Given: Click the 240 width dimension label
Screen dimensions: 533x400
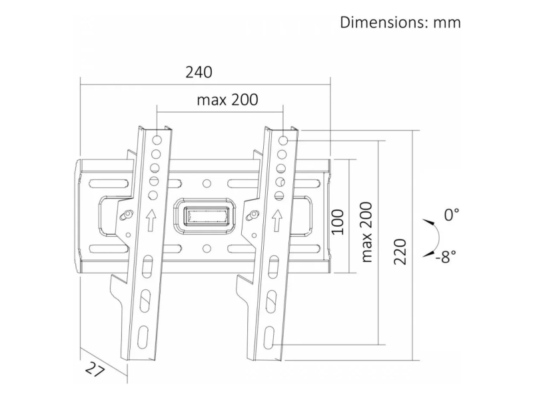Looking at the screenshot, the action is tap(199, 72).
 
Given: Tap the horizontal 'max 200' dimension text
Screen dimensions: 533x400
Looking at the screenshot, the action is tap(227, 99).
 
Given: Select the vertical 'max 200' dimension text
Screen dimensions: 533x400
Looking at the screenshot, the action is tap(367, 232).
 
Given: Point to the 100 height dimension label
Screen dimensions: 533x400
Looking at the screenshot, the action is tap(338, 222).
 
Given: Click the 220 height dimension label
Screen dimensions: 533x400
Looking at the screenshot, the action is tap(400, 252).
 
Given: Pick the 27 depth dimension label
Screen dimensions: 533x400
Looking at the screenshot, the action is tap(95, 369).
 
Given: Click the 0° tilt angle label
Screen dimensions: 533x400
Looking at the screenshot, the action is tap(452, 215).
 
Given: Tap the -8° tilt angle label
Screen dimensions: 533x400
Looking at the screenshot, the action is tap(446, 257).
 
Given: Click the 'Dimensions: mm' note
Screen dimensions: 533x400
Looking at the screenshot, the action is tap(400, 23).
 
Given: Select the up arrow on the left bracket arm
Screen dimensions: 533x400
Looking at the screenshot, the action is tap(151, 221).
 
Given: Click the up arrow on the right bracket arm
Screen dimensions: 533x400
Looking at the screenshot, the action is tap(277, 221).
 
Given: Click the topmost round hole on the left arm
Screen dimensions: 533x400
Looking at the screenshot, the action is tap(157, 140).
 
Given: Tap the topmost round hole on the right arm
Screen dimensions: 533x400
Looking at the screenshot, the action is tap(284, 140).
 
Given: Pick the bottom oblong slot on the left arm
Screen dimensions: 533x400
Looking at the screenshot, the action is tap(143, 337).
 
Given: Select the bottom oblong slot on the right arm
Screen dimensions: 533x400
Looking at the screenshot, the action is tap(269, 337).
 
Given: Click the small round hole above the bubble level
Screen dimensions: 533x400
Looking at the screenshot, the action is tap(207, 184).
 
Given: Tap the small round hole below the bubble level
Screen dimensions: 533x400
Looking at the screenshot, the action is tap(207, 248).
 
